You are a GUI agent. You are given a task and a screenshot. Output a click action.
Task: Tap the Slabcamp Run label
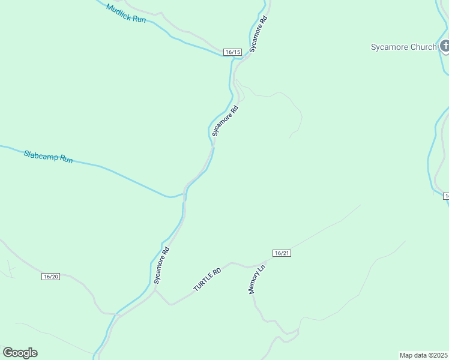click(48, 157)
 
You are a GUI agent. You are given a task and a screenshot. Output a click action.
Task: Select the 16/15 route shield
click(233, 52)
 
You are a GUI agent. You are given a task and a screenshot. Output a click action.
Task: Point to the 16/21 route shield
click(282, 253)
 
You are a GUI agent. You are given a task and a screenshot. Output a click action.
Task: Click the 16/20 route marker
click(51, 277)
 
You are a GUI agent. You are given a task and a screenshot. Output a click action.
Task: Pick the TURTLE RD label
click(208, 280)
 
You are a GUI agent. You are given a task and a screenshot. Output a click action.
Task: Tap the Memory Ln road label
click(256, 279)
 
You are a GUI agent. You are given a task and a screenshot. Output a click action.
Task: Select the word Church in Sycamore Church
click(423, 47)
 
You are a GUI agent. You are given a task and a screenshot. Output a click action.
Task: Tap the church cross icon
click(445, 46)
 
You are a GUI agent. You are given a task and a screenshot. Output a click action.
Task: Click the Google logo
click(20, 353)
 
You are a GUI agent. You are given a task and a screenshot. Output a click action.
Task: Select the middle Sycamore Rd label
click(226, 121)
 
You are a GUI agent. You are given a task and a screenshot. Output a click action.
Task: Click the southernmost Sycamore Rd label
click(161, 265)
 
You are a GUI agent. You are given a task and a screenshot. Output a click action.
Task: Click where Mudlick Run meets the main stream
click(231, 58)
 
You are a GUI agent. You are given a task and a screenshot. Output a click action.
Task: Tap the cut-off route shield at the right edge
click(446, 196)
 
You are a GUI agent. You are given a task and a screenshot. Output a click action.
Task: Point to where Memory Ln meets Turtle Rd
click(247, 267)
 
